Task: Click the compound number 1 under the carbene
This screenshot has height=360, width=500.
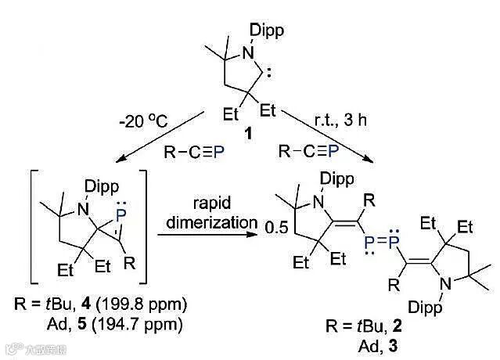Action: click(249, 134)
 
